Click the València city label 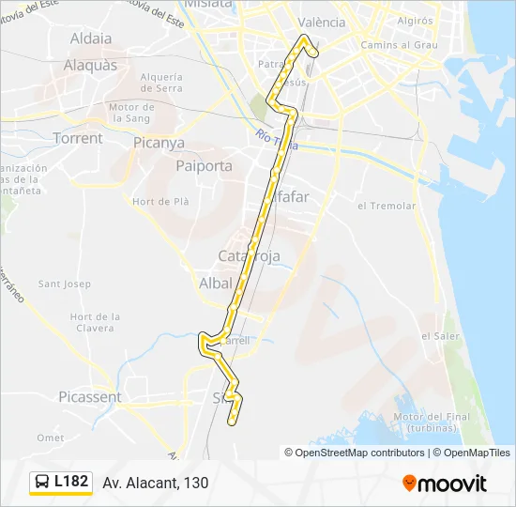click(321, 23)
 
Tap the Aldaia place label click(91, 39)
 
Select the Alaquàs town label click(90, 66)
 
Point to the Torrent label click(78, 138)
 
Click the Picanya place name click(159, 144)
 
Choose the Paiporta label click(204, 165)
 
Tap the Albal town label click(215, 283)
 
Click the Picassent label click(89, 397)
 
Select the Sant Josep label click(64, 284)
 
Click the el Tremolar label click(386, 206)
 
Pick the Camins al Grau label click(400, 44)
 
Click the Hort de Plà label click(162, 201)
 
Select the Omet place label click(50, 438)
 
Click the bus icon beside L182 click(43, 483)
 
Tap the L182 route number click(71, 483)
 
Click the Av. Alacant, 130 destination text click(156, 483)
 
